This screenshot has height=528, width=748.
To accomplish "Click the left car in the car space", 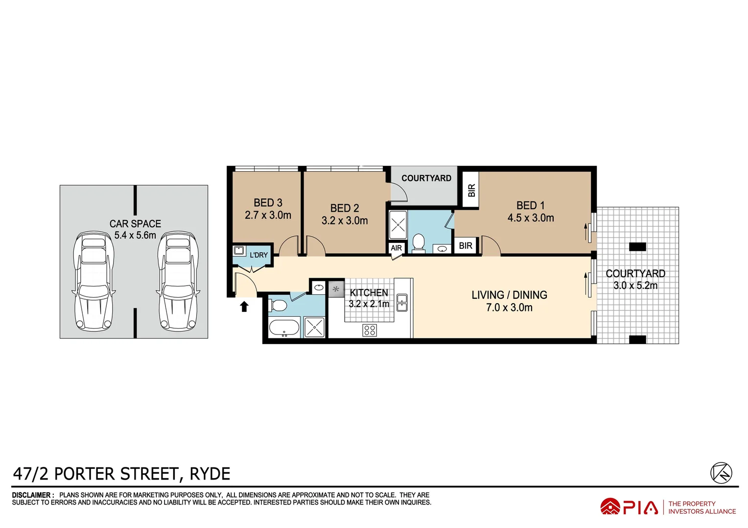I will [93, 281].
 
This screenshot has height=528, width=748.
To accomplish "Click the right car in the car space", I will [178, 281].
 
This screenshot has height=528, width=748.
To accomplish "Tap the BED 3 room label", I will [268, 202].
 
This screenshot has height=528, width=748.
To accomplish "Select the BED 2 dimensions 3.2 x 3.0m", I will [345, 220].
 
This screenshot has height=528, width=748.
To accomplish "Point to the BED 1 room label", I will [530, 205].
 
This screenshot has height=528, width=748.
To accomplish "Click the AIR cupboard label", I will [396, 248].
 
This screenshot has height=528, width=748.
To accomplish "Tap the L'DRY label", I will [258, 255].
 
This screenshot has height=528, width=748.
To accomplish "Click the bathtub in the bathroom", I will [284, 328].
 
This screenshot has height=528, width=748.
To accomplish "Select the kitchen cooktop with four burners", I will [370, 330].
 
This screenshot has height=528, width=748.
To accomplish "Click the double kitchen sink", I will [402, 303].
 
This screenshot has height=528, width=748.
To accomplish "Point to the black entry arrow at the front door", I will [244, 307].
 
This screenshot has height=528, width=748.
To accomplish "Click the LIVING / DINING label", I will [509, 295].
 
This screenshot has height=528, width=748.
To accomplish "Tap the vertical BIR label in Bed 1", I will [471, 190].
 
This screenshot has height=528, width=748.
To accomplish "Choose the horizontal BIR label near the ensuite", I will [466, 245].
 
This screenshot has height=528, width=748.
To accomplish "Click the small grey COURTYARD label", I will [426, 178].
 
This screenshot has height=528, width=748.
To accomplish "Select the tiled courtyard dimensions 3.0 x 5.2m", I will [635, 286].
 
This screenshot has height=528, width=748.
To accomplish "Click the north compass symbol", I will [721, 473].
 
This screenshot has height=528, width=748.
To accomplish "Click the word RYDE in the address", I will [210, 474].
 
